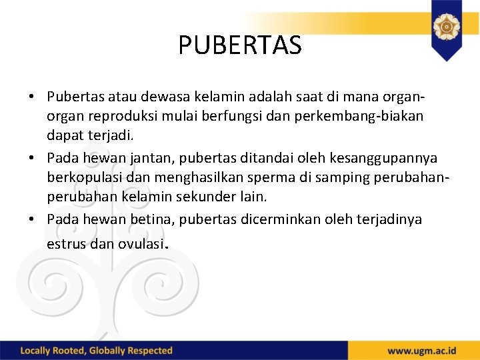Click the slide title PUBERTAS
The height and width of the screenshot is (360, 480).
pos(240,45)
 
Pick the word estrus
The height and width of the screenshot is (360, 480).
pos(66,244)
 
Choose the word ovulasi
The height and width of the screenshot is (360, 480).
pos(140,244)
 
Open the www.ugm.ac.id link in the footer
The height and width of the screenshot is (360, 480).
pos(422,351)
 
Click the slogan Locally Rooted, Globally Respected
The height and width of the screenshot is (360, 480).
pos(97,351)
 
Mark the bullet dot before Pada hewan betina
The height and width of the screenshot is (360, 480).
pos(32,219)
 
